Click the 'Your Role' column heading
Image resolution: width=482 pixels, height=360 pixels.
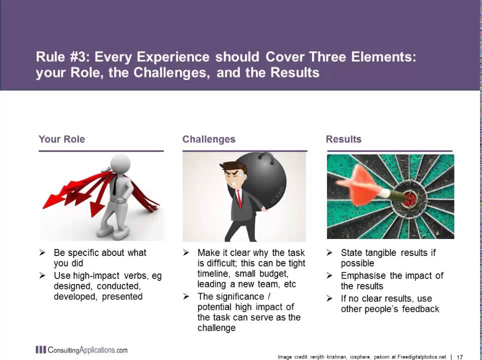tap(61, 139)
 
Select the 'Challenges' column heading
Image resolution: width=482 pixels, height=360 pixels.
tap(208, 139)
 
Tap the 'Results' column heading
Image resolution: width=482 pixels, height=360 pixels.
tap(343, 139)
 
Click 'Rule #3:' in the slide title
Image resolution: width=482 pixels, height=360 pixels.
tap(63, 57)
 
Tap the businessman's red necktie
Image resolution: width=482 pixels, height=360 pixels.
tap(239, 197)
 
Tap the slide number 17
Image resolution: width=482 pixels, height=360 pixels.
tap(460, 357)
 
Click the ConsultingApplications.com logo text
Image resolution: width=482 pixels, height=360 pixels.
tap(87, 350)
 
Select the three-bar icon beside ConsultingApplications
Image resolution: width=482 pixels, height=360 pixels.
tap(40, 350)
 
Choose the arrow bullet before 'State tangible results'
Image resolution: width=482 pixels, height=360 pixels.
tap(329, 253)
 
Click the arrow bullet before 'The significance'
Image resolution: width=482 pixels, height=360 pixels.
tap(186, 296)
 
